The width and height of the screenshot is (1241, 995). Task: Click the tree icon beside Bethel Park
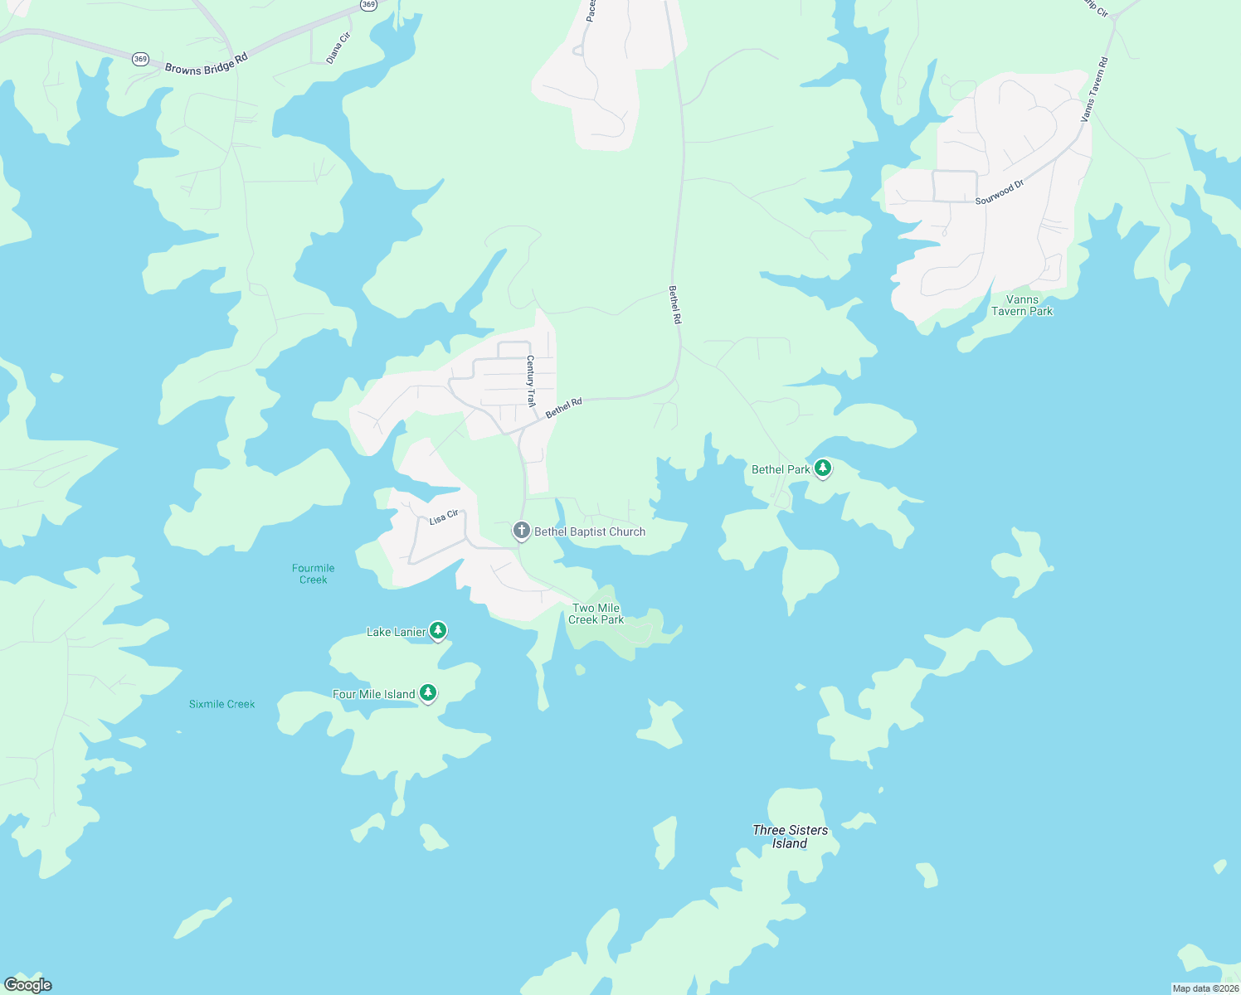[822, 468]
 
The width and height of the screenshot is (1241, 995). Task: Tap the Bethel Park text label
[781, 470]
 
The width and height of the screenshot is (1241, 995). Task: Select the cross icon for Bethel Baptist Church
[521, 531]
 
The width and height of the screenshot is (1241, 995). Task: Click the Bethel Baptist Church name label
[590, 532]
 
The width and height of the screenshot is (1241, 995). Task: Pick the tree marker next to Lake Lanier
[438, 631]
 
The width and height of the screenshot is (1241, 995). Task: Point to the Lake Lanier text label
[396, 633]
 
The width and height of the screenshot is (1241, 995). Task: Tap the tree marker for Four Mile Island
[427, 693]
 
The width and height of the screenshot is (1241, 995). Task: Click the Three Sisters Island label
[790, 837]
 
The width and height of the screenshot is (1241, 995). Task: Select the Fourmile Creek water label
[314, 574]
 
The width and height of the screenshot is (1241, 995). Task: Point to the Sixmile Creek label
[222, 705]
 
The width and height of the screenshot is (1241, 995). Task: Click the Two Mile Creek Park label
[596, 614]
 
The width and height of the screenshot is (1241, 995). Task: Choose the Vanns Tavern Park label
[1022, 306]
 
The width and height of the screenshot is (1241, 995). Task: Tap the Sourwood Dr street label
[1000, 193]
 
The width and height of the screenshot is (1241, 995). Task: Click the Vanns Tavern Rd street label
[1095, 90]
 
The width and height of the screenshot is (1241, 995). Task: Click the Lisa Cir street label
[444, 518]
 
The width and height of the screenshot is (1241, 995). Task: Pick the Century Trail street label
[531, 381]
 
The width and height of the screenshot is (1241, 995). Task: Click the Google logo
[28, 985]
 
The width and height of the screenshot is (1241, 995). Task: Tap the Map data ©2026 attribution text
[1204, 988]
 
